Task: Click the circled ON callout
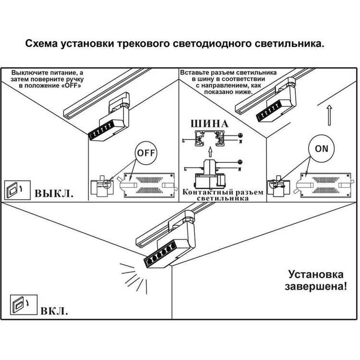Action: [322, 148]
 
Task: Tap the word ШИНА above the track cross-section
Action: [210, 123]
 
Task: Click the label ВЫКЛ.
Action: [54, 194]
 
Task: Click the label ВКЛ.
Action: [54, 310]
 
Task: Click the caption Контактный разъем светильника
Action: [223, 195]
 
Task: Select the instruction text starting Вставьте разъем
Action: [228, 82]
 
